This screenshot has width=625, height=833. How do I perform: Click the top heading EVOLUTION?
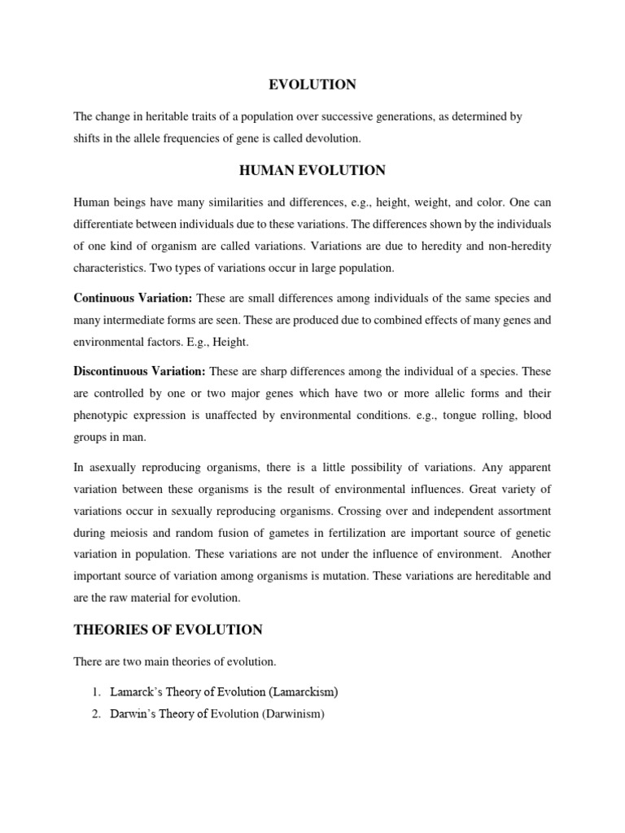pyautogui.click(x=312, y=85)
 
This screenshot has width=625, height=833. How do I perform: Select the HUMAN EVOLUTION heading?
pyautogui.click(x=312, y=170)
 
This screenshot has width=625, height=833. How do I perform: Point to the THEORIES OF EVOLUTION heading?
pyautogui.click(x=168, y=630)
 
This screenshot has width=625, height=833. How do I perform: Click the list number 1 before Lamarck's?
pyautogui.click(x=95, y=691)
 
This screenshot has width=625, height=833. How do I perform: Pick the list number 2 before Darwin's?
pyautogui.click(x=95, y=714)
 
